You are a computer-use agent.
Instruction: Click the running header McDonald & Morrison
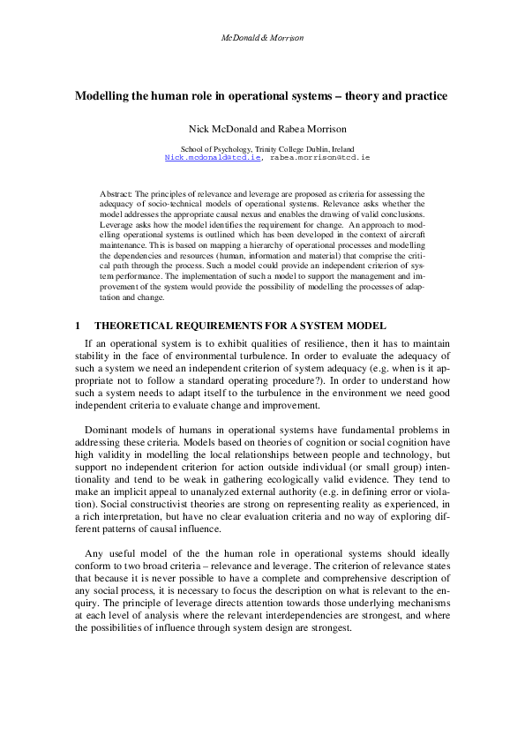tap(261, 38)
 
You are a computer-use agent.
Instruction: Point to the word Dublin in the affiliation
tap(310, 148)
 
